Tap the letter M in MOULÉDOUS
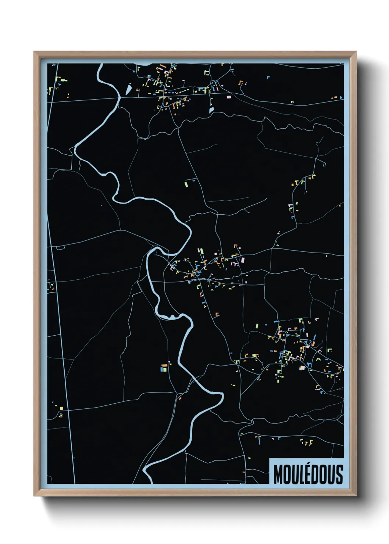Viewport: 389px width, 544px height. [278, 475]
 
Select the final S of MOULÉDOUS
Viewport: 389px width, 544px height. [339, 475]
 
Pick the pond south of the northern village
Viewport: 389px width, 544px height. [211, 110]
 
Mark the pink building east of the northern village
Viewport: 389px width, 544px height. [229, 97]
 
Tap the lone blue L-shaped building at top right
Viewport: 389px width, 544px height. [268, 77]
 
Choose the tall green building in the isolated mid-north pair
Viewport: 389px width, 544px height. [186, 184]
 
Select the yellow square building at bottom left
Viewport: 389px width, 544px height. [61, 408]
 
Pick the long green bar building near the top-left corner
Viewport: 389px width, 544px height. [64, 80]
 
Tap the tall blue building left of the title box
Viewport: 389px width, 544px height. [260, 440]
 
